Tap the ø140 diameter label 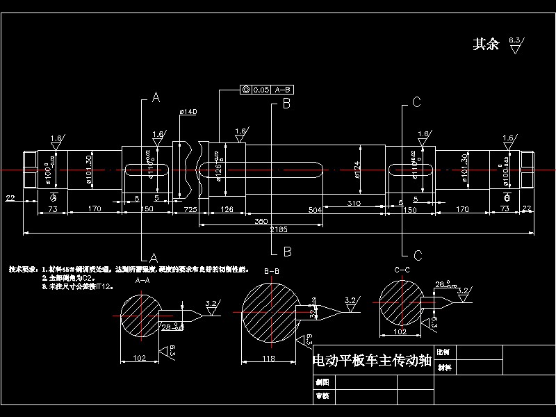[188, 112]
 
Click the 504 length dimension [315, 209]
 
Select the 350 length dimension [261, 220]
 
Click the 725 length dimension [189, 209]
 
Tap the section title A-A [142, 280]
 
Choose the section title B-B [272, 270]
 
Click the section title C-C [401, 269]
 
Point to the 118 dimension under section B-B [268, 359]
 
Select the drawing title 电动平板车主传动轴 [373, 361]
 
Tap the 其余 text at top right [486, 44]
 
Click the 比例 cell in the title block [445, 353]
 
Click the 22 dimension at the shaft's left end [10, 199]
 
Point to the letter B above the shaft [286, 104]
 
